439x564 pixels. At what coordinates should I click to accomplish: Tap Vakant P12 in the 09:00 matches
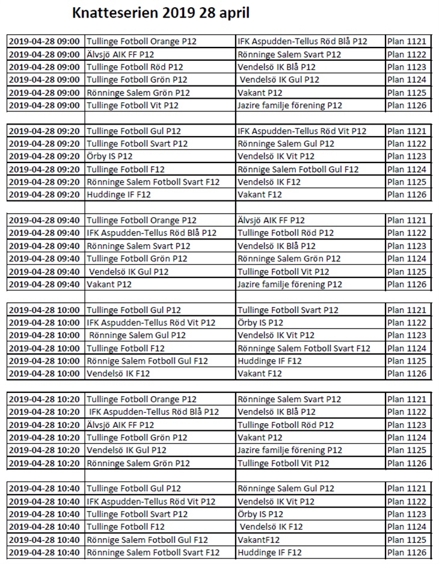coord(260,93)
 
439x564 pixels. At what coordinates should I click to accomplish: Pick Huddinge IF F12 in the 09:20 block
coord(117,194)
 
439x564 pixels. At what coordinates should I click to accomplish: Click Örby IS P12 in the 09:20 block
coord(109,156)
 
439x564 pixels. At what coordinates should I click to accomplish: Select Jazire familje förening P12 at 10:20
coord(290,450)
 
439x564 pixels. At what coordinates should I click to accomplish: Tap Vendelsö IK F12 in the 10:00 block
coord(118,374)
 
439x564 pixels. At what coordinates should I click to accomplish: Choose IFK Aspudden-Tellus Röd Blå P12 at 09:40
coord(152,233)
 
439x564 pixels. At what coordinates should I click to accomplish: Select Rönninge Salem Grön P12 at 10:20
coord(138,463)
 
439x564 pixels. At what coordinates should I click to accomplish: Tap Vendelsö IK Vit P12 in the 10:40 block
coord(276,501)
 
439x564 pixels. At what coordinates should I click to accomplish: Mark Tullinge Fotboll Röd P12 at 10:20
coord(286,425)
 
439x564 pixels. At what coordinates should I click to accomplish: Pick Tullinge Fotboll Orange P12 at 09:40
coord(142,220)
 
